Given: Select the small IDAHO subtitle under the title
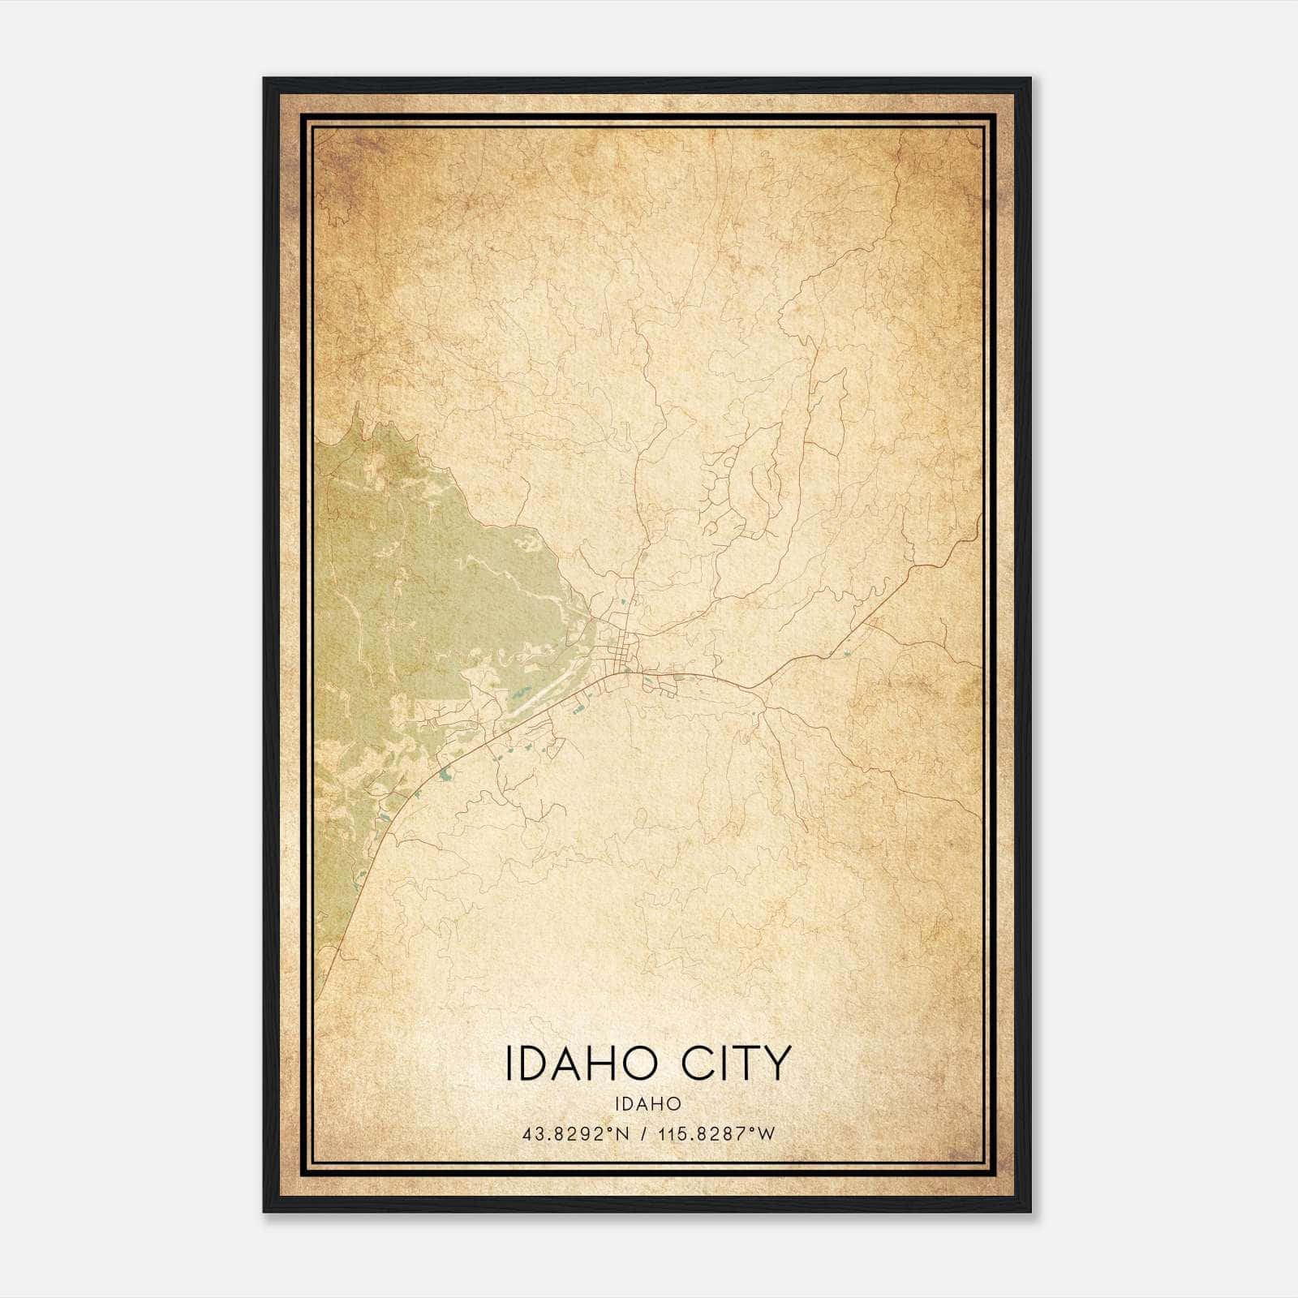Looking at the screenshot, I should [647, 1104].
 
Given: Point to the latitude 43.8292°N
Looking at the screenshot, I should [577, 1134].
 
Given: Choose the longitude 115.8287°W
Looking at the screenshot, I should [717, 1134].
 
